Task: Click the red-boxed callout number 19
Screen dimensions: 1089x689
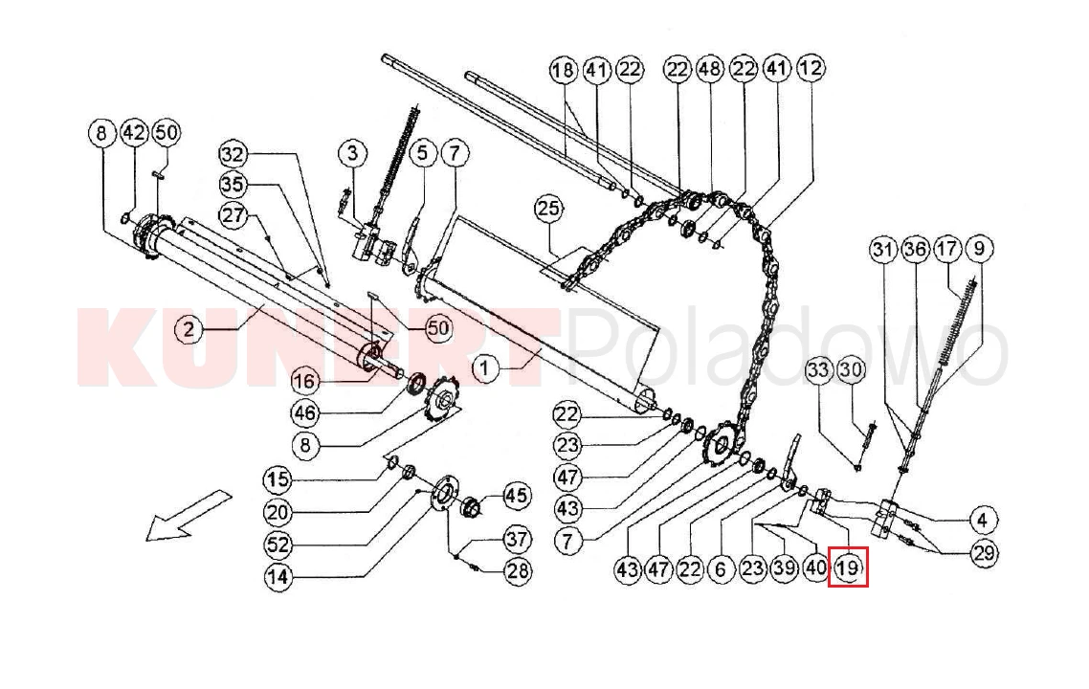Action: [848, 567]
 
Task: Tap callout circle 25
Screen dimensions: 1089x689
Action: [548, 209]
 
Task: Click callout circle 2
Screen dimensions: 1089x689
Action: [189, 329]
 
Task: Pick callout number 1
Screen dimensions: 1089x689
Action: [486, 367]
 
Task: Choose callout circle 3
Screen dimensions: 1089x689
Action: [352, 153]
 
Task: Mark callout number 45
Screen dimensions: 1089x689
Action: [516, 496]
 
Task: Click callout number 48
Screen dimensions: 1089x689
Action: [709, 69]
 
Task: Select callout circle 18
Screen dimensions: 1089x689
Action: [564, 70]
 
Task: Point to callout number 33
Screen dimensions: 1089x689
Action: [819, 369]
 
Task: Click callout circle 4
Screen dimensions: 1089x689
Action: [982, 520]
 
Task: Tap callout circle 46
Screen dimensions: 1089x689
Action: [305, 413]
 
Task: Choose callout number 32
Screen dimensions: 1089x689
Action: [234, 153]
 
